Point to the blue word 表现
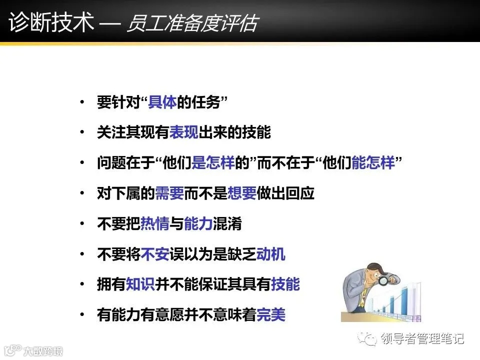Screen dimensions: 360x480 (x=184, y=133)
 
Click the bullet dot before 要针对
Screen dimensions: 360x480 (x=82, y=103)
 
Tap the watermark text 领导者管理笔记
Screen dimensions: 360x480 (x=422, y=339)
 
